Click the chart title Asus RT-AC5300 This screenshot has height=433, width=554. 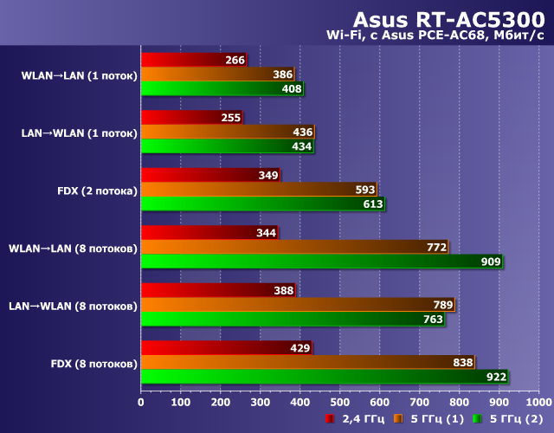[448, 20]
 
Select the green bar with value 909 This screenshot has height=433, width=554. [320, 262]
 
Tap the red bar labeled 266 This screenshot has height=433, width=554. [194, 61]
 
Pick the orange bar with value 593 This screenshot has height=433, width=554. [258, 190]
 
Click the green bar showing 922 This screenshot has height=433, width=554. [324, 376]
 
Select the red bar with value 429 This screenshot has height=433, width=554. [226, 347]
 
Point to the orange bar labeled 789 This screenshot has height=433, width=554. [297, 304]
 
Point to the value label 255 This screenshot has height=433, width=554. [231, 118]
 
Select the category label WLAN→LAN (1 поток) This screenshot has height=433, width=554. [79, 75]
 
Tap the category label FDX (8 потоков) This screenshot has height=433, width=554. [93, 362]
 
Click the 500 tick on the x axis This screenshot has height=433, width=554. [339, 402]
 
